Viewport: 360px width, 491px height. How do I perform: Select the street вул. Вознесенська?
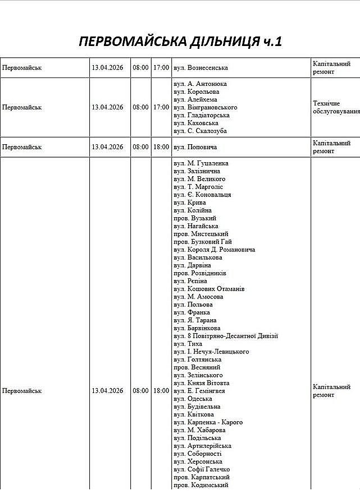[200, 68]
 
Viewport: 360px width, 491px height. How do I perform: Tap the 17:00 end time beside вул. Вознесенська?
[161, 68]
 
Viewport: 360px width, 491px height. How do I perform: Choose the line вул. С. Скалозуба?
[200, 131]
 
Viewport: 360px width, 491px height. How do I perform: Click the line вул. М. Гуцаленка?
[201, 163]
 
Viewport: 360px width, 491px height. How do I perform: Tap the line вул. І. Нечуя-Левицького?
[211, 352]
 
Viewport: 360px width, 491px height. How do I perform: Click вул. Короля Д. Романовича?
[215, 250]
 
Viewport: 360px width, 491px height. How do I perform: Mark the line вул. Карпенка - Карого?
[208, 423]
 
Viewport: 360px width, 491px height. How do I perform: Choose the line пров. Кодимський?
[200, 485]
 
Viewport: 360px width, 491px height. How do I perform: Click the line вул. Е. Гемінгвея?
[199, 391]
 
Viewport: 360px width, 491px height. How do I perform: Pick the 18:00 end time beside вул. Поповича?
[161, 147]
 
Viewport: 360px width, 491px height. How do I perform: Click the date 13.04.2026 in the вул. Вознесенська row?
[107, 68]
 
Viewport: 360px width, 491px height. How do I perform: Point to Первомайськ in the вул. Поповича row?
[22, 147]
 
